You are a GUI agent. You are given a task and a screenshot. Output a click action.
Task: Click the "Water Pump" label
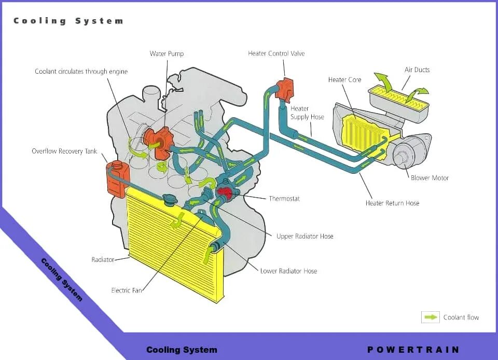click(x=167, y=53)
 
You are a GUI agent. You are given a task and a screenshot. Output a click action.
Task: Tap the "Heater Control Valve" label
click(x=276, y=53)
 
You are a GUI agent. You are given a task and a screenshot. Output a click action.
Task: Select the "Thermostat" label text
click(x=284, y=199)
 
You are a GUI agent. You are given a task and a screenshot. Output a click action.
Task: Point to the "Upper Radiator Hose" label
click(x=305, y=236)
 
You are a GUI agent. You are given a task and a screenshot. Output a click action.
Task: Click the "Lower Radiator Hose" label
click(x=288, y=271)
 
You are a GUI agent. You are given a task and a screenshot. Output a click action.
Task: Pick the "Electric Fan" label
click(x=127, y=290)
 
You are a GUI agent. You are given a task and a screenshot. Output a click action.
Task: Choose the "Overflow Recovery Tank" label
click(x=64, y=151)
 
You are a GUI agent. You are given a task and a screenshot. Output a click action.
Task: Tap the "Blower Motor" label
click(x=430, y=178)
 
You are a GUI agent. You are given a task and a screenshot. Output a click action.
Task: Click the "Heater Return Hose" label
click(x=392, y=203)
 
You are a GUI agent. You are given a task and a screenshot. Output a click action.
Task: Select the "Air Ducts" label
click(x=417, y=70)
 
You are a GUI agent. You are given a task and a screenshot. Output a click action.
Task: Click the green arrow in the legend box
click(x=431, y=317)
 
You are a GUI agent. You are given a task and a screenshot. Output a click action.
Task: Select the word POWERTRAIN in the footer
click(x=413, y=350)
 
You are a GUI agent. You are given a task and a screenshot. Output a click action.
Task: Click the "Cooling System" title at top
click(x=68, y=21)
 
